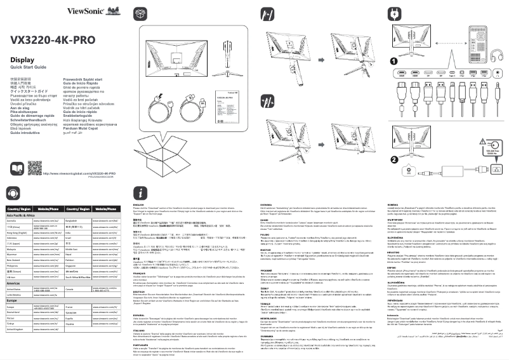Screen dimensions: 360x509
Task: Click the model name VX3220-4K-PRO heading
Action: (x=52, y=39)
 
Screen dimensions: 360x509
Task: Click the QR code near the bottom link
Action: (x=34, y=168)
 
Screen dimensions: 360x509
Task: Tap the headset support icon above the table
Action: (x=13, y=193)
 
